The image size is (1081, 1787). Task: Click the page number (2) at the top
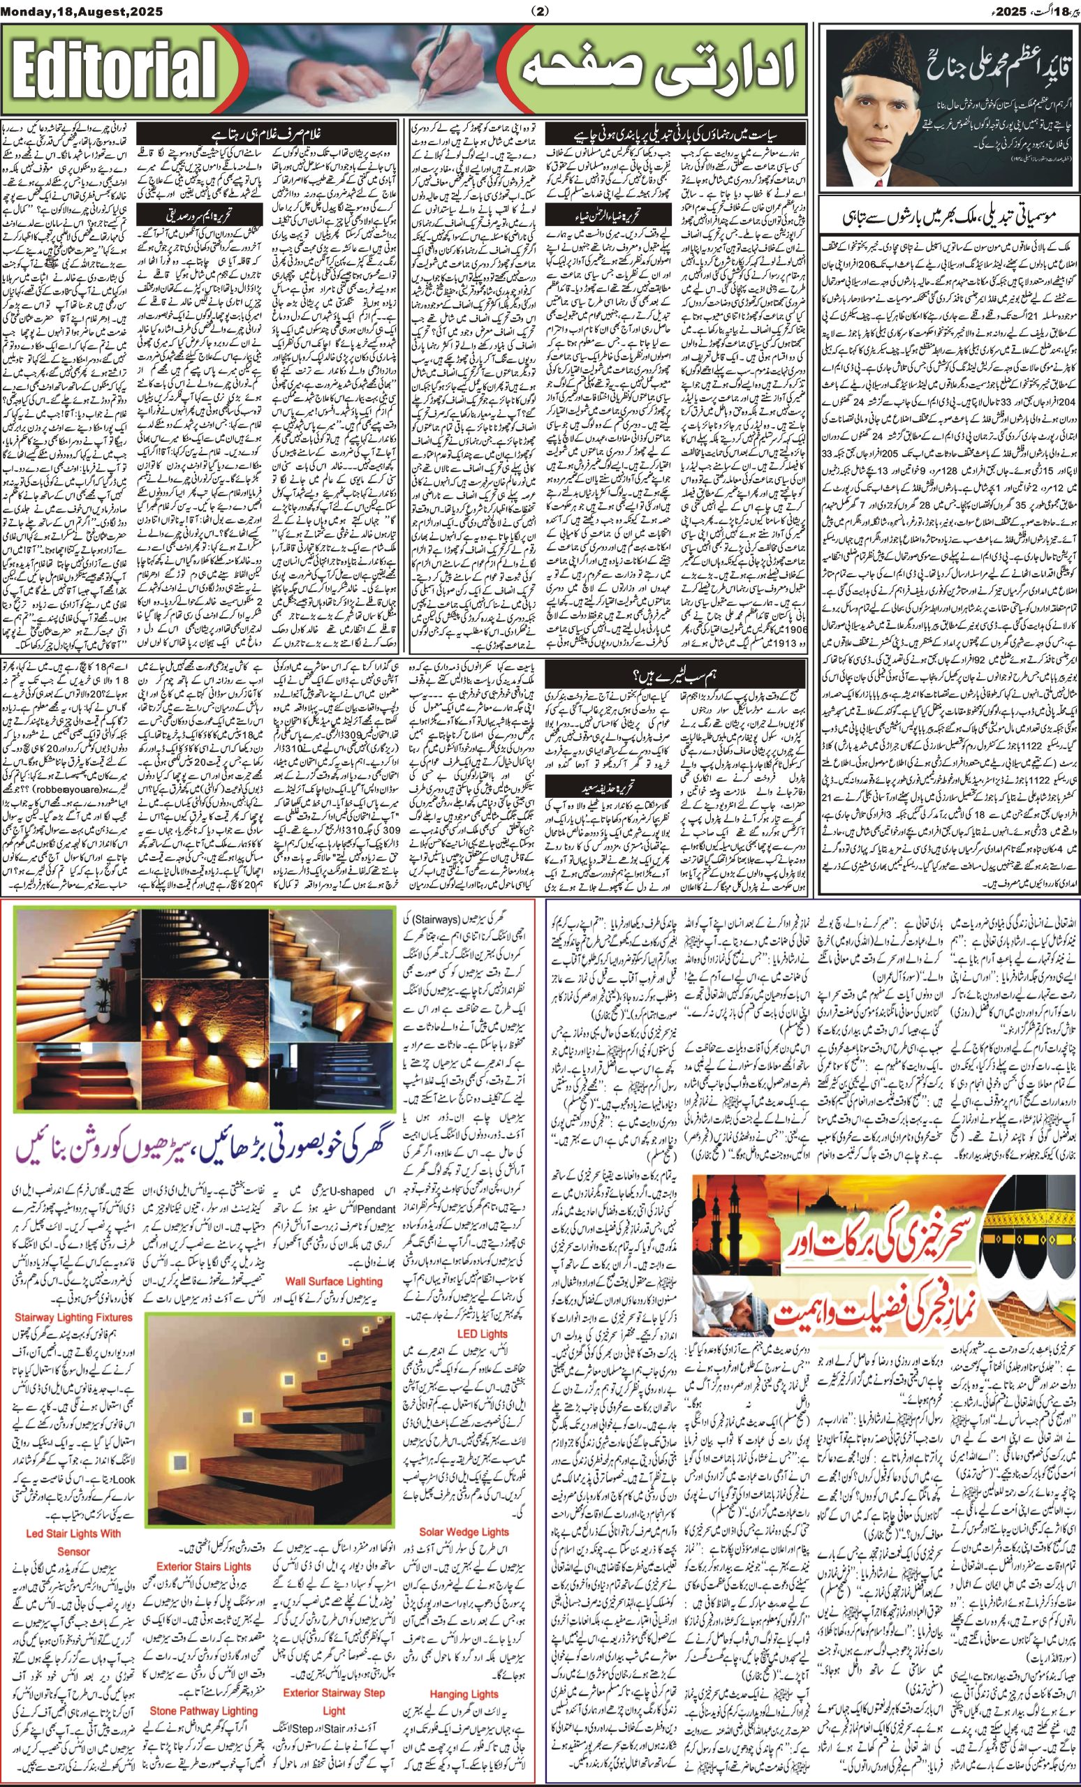[x=540, y=11]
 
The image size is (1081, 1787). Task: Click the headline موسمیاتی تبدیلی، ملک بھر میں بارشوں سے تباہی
[x=951, y=218]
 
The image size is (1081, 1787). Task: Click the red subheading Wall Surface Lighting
[x=333, y=1281]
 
